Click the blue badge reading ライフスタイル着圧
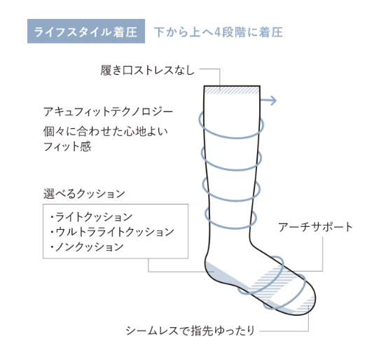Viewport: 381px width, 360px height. (86, 32)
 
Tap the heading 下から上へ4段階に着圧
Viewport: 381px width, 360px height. (219, 32)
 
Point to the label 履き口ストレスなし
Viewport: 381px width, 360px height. (148, 70)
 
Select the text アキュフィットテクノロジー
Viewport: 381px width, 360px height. (108, 112)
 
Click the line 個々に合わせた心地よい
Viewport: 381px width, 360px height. (106, 132)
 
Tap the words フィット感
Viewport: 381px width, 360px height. (67, 146)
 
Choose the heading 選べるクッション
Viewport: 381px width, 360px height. (84, 194)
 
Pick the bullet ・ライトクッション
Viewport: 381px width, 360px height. (91, 217)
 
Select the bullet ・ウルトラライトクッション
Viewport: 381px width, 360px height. (112, 232)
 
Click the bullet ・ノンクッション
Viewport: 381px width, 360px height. (87, 247)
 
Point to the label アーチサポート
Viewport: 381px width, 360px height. (315, 227)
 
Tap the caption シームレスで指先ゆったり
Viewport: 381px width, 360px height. (190, 331)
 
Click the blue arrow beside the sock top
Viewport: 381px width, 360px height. (268, 100)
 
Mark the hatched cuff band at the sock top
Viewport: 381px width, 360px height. (232, 90)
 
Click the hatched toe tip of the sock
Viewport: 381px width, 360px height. (307, 304)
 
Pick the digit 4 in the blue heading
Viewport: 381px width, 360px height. (217, 32)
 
